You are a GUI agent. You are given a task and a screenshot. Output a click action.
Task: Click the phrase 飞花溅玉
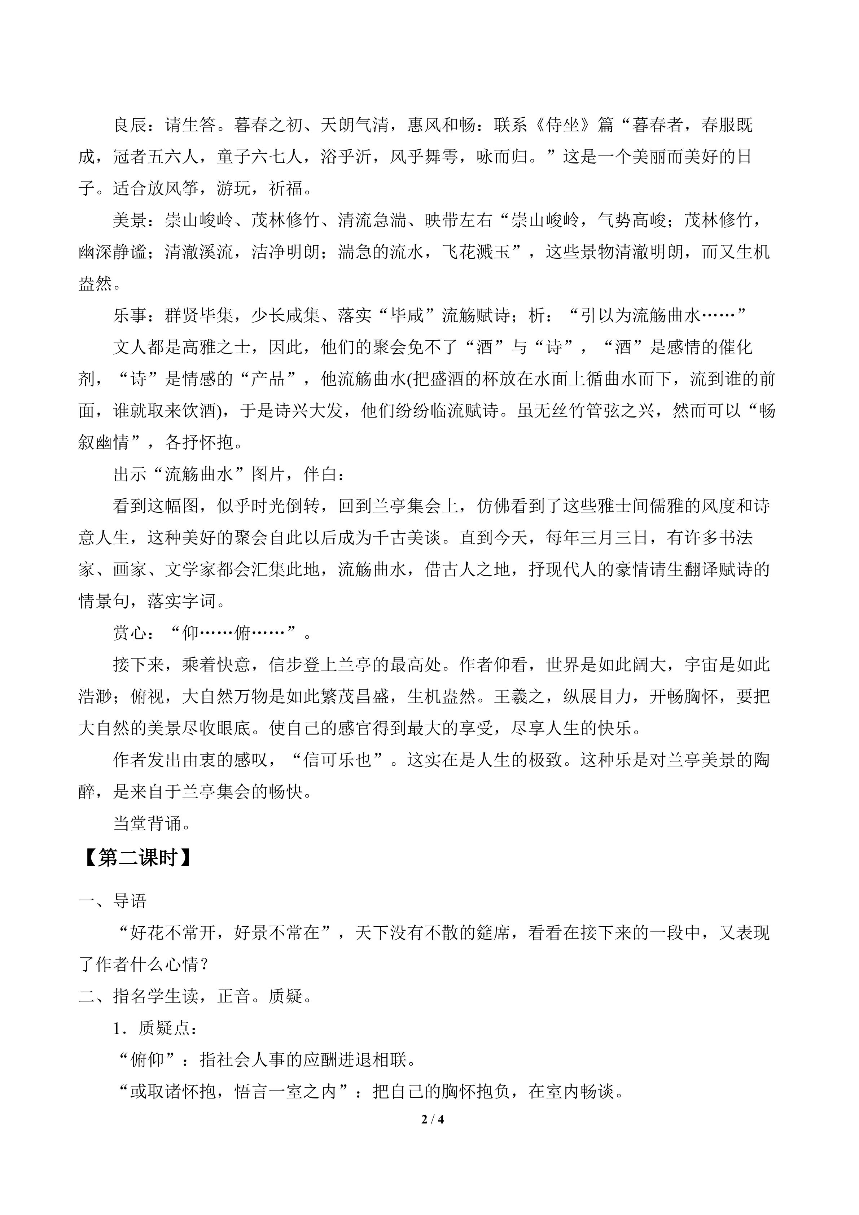pos(476,253)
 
